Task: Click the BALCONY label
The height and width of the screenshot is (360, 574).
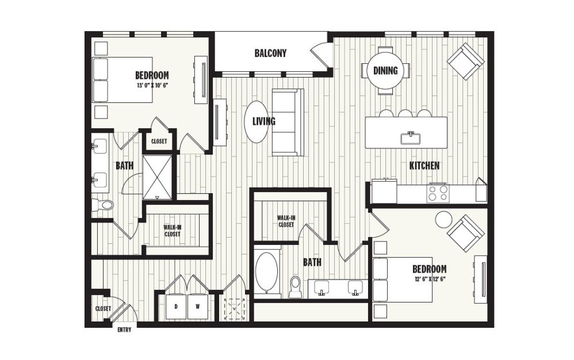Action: (270, 53)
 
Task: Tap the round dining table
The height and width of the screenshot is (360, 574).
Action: (385, 70)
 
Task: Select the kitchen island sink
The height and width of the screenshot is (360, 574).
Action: (411, 138)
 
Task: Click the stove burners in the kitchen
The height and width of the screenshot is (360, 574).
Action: (438, 192)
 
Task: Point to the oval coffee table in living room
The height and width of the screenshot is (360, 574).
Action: (257, 121)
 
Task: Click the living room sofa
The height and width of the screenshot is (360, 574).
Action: (288, 122)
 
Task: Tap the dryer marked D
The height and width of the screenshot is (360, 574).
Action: (176, 307)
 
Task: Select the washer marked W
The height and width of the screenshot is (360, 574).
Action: (197, 307)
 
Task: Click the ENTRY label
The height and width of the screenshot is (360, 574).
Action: (124, 330)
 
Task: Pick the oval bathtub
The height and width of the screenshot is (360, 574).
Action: (266, 271)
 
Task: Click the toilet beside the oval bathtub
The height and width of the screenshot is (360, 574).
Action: (296, 286)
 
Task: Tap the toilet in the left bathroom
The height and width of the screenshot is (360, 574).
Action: (103, 205)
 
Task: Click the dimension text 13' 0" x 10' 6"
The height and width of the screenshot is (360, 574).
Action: (152, 85)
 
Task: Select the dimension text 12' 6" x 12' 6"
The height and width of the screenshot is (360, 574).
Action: (429, 279)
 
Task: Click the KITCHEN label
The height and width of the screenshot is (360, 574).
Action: (424, 166)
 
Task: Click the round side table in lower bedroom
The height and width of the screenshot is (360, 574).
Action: (443, 219)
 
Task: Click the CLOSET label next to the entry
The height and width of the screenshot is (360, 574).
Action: (102, 309)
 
